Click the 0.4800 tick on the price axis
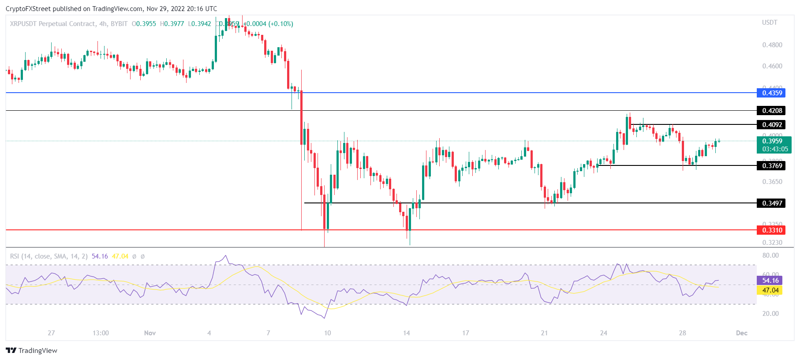[x=772, y=45]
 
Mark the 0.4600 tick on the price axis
[x=772, y=66]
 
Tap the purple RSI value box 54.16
[x=770, y=281]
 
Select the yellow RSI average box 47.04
[x=770, y=290]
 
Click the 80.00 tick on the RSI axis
[x=770, y=255]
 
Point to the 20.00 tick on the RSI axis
[x=770, y=314]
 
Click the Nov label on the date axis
[x=150, y=333]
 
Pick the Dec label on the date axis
[x=741, y=333]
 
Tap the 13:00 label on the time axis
[x=101, y=333]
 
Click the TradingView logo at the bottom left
[x=32, y=350]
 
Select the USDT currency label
[x=770, y=22]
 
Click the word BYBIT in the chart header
[x=119, y=24]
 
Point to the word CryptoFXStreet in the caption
[x=28, y=9]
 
